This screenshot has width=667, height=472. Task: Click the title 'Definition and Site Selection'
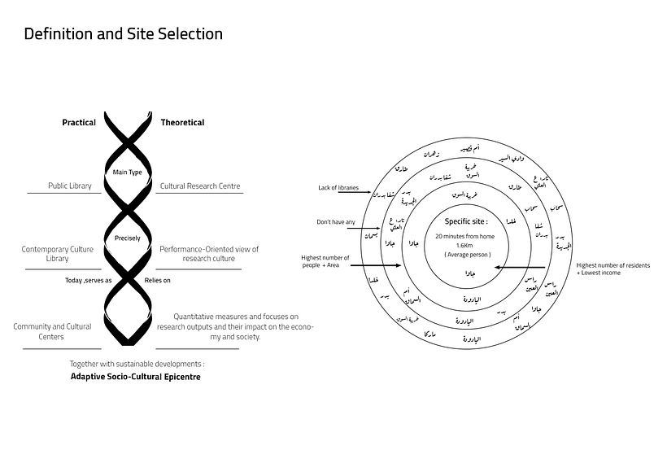tap(123, 34)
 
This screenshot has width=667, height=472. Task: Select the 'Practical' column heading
tap(79, 123)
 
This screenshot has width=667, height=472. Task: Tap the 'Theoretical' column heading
tap(182, 123)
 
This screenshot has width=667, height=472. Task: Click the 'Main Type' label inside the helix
tap(127, 173)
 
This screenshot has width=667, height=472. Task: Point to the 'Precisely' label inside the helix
tap(127, 238)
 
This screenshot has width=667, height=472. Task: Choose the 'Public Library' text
tap(69, 186)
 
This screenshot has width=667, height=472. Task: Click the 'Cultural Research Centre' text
tap(200, 186)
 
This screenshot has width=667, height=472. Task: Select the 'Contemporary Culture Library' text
tap(57, 254)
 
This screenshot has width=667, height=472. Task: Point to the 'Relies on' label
tap(158, 281)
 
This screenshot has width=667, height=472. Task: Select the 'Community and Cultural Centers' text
tap(52, 331)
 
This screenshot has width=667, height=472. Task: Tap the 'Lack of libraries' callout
tap(338, 188)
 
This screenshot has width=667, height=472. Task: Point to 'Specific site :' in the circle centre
tap(467, 221)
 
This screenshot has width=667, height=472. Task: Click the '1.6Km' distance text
tap(464, 245)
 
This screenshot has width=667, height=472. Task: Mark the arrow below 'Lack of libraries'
tap(365, 195)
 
